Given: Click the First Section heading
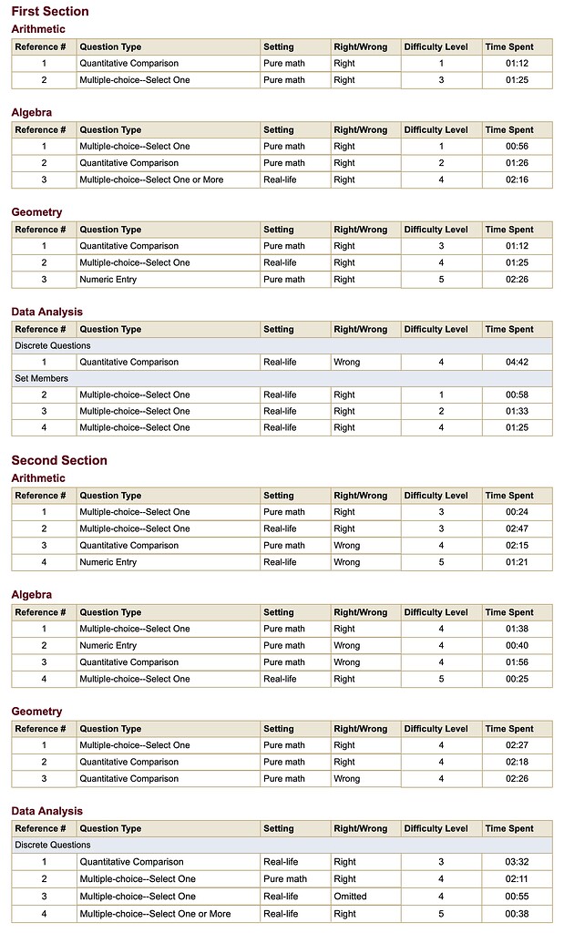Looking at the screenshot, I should coord(50,12).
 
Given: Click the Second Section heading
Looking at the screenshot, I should coord(59,460).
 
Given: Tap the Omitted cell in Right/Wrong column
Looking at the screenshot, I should coord(350,897).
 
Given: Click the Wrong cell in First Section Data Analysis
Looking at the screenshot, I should coord(346,362).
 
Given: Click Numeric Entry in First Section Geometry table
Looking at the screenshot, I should coord(108,279).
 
